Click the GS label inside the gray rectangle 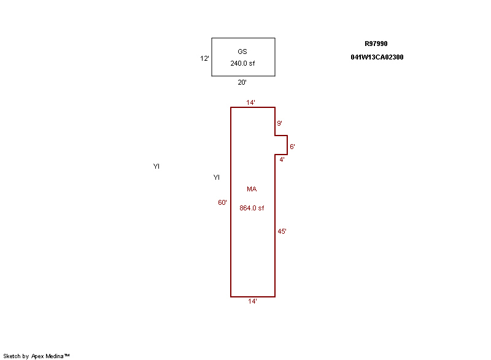pyautogui.click(x=242, y=52)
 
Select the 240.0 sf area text pyautogui.click(x=242, y=63)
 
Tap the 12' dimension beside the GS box pyautogui.click(x=204, y=58)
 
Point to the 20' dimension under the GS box pyautogui.click(x=242, y=82)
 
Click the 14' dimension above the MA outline pyautogui.click(x=250, y=102)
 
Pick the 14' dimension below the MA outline pyautogui.click(x=252, y=301)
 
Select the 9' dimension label pyautogui.click(x=280, y=123)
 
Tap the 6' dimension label pyautogui.click(x=293, y=147)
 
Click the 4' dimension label pyautogui.click(x=282, y=160)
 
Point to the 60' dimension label pyautogui.click(x=222, y=202)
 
